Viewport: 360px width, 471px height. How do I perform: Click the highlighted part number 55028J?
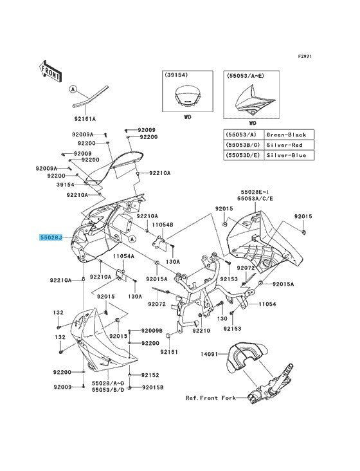[x=50, y=237]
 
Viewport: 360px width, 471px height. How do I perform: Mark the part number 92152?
[x=150, y=375]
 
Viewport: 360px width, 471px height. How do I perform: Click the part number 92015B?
[x=152, y=387]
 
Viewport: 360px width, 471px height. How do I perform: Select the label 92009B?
[x=152, y=331]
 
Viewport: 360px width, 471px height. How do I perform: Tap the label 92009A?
[x=47, y=167]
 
